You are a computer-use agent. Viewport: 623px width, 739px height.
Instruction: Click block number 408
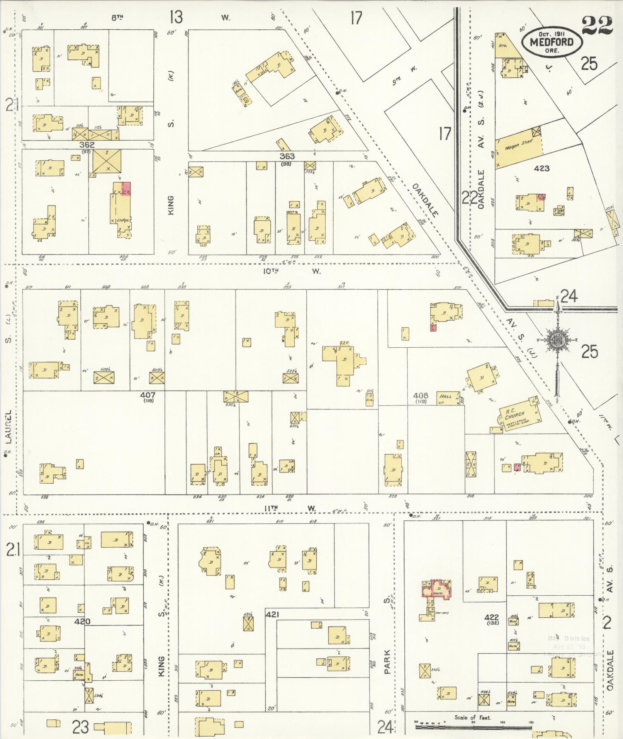coord(420,396)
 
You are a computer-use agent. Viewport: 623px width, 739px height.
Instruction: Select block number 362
coord(87,145)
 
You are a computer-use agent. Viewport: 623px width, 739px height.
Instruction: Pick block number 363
coord(287,156)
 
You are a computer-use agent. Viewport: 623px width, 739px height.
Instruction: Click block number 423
coord(542,168)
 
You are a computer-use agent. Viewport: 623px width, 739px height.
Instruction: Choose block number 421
coord(272,614)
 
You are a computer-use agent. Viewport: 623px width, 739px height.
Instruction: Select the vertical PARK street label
coord(387,661)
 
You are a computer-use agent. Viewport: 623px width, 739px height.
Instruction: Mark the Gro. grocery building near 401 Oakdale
coord(503,46)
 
